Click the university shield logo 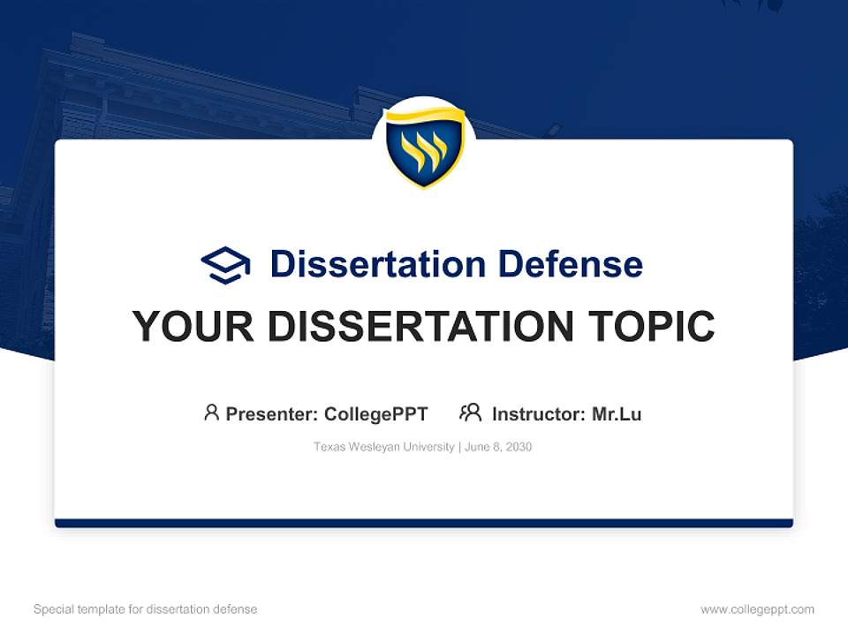pos(424,148)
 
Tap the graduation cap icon pos(225,265)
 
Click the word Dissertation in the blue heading pos(377,264)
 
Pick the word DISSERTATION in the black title pos(420,327)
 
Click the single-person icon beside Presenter pos(211,413)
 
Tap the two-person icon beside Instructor pos(470,413)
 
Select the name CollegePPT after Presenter pos(375,413)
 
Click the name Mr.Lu pos(617,413)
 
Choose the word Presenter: pos(272,413)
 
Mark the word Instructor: pos(538,413)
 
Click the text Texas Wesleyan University pos(382,447)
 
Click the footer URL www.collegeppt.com pos(757,609)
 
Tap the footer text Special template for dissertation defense pos(145,609)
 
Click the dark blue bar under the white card pos(424,523)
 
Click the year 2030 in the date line pos(519,447)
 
